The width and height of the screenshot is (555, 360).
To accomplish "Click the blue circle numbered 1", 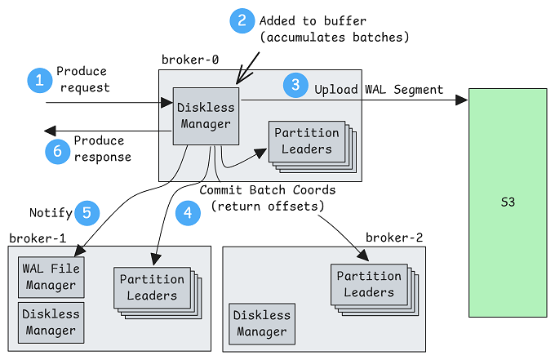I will coord(38,79).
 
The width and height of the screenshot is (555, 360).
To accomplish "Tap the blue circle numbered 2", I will coord(242,20).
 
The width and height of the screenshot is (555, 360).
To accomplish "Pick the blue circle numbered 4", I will coord(187,214).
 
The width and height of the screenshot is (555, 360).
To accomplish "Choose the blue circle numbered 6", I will coord(57,150).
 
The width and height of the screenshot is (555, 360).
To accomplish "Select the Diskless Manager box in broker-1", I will coord(51,322).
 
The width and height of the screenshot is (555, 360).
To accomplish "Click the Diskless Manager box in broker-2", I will coord(262,323).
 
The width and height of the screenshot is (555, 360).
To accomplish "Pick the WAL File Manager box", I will coord(51,277).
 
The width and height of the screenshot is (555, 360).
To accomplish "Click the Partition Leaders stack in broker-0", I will coord(308,142).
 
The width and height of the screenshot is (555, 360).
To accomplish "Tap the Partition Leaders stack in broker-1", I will coord(152,287).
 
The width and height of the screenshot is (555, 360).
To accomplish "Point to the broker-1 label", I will coord(37,238).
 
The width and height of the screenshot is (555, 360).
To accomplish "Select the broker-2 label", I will coord(394,238).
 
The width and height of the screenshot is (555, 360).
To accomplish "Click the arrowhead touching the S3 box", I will coord(462,100).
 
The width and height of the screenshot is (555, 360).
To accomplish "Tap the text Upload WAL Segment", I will coord(379,89).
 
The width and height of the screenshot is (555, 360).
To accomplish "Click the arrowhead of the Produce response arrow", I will coord(50,131).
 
